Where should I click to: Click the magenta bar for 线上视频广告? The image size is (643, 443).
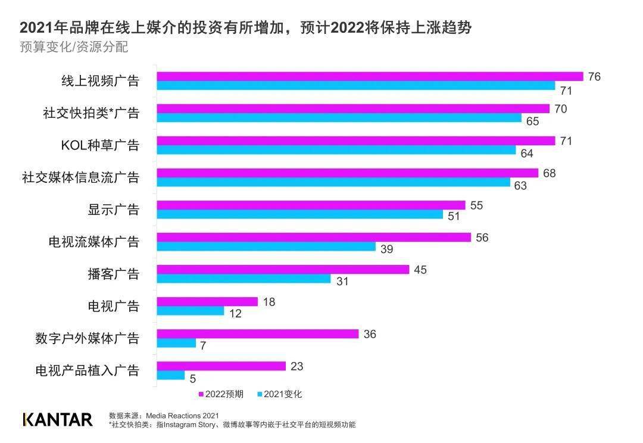(369, 76)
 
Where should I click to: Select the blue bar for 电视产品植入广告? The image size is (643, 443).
(171, 375)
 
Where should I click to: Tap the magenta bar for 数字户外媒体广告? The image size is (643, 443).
(257, 334)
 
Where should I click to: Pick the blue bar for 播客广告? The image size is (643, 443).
(244, 279)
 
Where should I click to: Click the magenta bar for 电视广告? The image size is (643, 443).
(207, 302)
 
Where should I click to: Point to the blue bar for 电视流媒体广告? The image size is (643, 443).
(266, 247)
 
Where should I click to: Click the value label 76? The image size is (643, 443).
(594, 76)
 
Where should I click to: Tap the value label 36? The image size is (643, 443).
(370, 334)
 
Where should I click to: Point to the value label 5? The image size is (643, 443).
(193, 378)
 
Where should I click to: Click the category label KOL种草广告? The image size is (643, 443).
(100, 145)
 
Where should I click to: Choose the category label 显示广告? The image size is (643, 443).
(113, 210)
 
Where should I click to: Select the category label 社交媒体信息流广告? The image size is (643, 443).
(80, 177)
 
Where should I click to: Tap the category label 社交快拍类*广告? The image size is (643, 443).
(91, 113)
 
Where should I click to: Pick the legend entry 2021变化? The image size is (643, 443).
(282, 394)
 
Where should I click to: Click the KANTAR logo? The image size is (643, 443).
(57, 419)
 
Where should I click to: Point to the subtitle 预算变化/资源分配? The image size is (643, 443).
(74, 47)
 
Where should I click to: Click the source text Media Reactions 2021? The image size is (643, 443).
(182, 415)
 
